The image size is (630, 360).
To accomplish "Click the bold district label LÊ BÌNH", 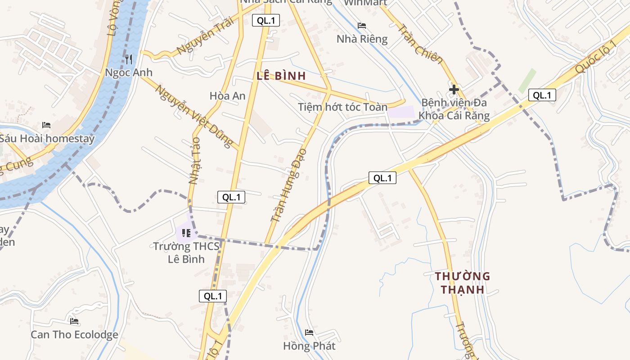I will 281,76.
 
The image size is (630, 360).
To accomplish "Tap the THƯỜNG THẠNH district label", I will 462,283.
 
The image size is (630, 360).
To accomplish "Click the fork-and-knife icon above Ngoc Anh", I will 129,59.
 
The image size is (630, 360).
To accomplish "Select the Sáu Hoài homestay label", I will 47,138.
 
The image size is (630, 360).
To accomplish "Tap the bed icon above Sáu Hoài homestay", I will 46,125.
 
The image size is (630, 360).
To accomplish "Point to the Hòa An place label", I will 228,95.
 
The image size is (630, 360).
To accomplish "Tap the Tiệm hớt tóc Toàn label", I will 342,107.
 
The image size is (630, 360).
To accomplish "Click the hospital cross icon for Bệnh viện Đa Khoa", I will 454,89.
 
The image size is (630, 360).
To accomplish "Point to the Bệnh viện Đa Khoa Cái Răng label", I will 454,109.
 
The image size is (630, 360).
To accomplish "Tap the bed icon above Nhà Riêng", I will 362,26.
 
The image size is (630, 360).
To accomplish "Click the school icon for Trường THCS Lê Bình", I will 186,233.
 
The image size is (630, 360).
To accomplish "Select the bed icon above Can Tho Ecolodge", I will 74,321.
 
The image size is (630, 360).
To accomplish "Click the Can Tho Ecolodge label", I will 74,335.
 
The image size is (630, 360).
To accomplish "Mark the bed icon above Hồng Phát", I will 309,333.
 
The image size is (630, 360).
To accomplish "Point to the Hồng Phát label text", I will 309,346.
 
